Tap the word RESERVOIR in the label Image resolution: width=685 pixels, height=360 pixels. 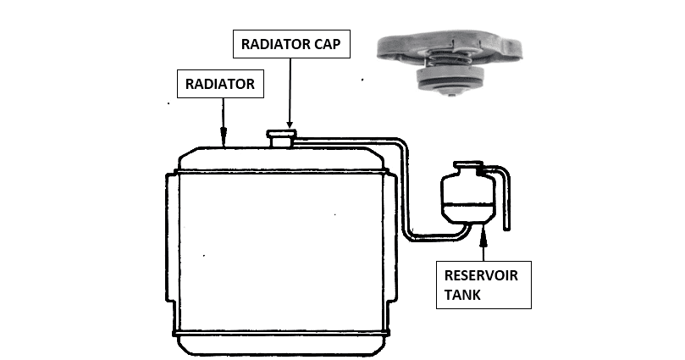pyautogui.click(x=481, y=275)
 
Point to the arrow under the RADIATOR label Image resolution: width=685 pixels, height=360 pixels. pyautogui.click(x=224, y=123)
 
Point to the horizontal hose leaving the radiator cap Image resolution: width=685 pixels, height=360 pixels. pyautogui.click(x=347, y=139)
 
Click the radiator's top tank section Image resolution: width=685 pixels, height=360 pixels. pyautogui.click(x=280, y=159)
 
